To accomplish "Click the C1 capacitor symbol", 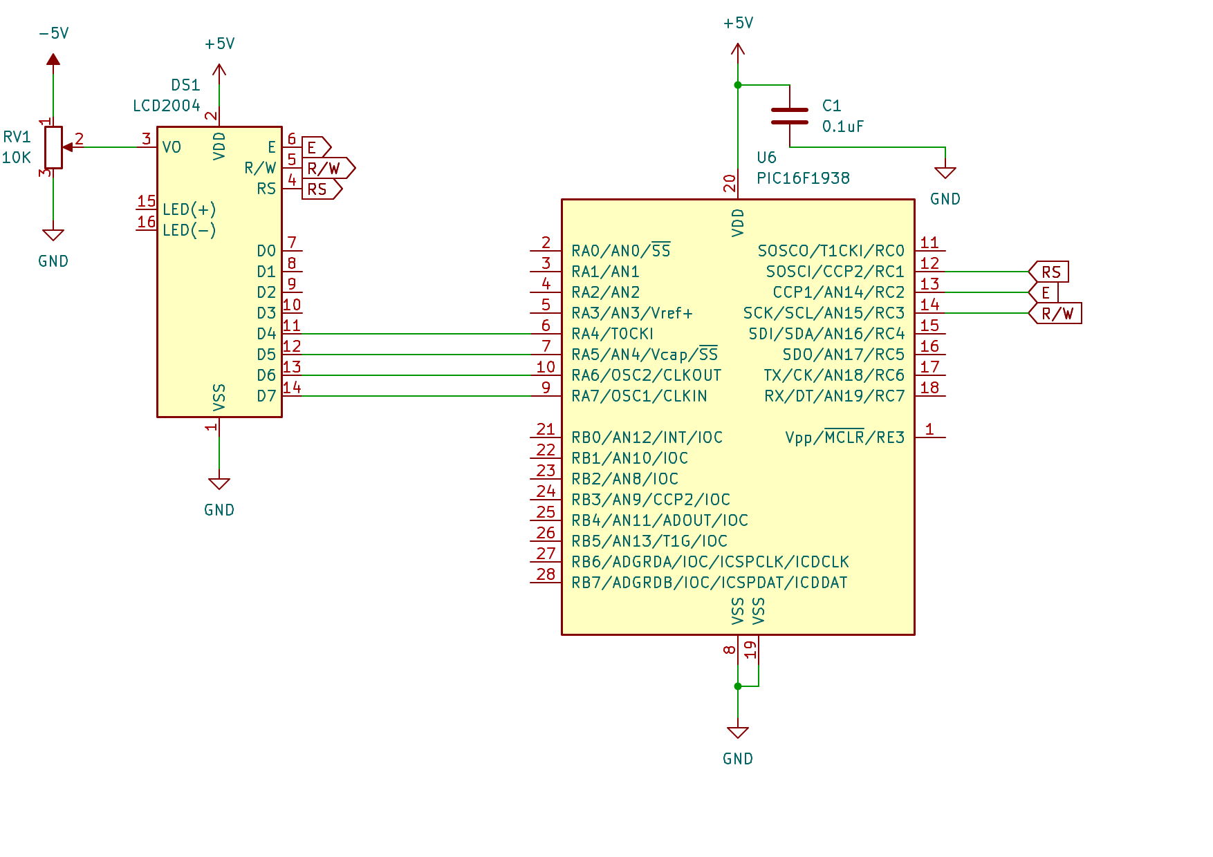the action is (x=790, y=116).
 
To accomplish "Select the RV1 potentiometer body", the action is (x=53, y=147).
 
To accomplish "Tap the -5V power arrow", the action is (x=53, y=59).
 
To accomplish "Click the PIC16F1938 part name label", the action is (x=803, y=178).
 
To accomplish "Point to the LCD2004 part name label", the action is (x=167, y=106).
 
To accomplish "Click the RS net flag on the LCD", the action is (x=322, y=189).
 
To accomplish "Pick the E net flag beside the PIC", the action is (x=1044, y=292).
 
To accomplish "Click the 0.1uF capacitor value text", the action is (x=843, y=126).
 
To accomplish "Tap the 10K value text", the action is (x=17, y=158).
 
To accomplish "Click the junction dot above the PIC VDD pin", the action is (x=738, y=85).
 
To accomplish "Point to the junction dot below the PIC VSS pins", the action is (x=738, y=686).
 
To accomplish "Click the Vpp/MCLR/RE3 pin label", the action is (x=845, y=437).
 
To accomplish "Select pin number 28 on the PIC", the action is (x=546, y=574).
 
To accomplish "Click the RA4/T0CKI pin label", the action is (x=613, y=334).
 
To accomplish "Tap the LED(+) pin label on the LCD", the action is (x=189, y=209).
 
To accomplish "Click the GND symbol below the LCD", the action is (x=219, y=484).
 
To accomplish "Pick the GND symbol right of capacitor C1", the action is (x=945, y=173).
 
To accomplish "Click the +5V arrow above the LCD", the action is (x=219, y=70).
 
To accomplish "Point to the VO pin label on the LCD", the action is (x=172, y=147).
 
